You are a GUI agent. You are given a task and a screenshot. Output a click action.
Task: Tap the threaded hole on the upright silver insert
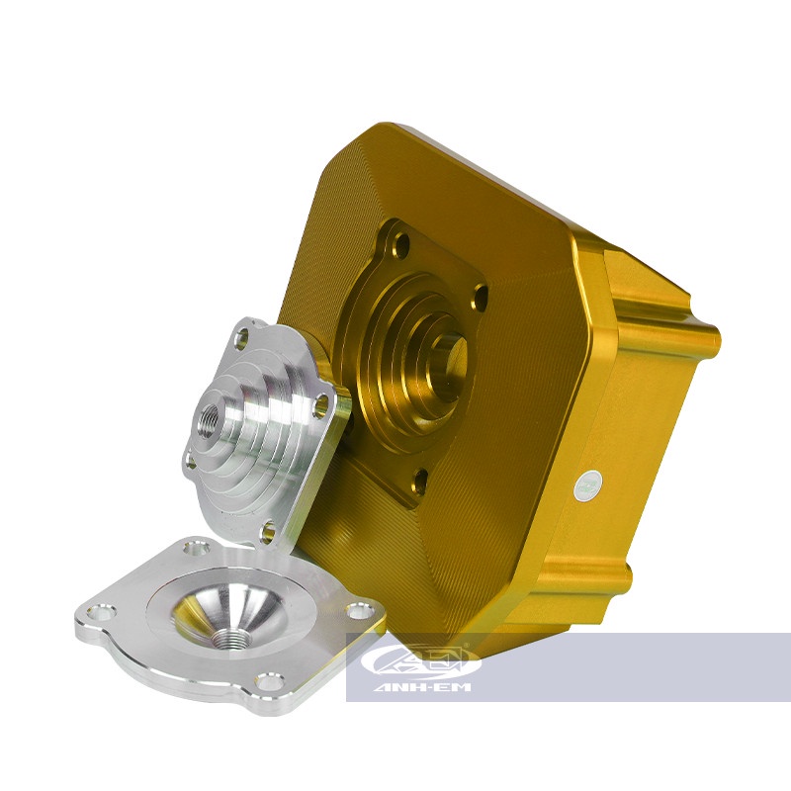coord(210,407)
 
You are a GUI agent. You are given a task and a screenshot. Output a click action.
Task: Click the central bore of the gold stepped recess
coord(451,354)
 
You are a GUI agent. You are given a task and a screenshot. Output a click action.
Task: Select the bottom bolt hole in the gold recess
coord(420,480)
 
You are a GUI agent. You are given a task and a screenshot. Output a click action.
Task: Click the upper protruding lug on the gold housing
coord(658,287)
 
